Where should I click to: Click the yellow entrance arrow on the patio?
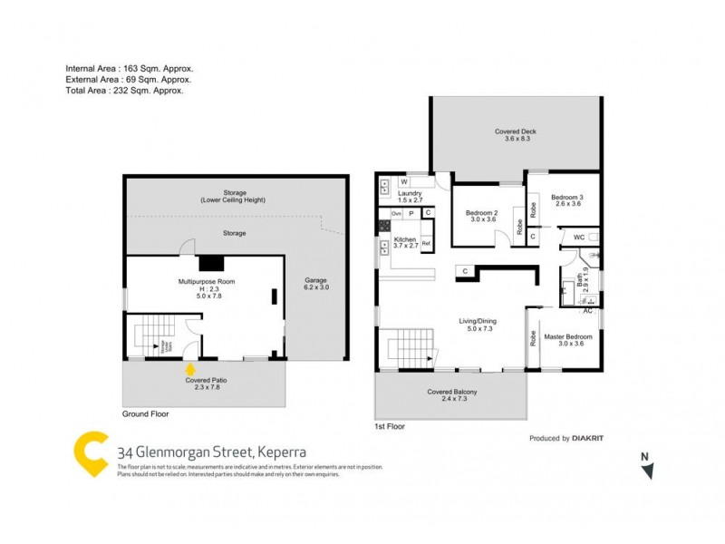(x=189, y=369)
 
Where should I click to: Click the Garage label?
(x=315, y=280)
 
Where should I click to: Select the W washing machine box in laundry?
(x=402, y=181)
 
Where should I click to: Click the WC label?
(x=577, y=238)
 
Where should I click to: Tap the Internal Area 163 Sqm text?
(x=130, y=69)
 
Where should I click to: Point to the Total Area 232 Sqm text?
(x=124, y=91)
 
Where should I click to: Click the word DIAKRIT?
(x=590, y=438)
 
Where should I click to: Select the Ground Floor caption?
(x=145, y=413)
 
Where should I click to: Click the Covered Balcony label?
(x=452, y=392)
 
